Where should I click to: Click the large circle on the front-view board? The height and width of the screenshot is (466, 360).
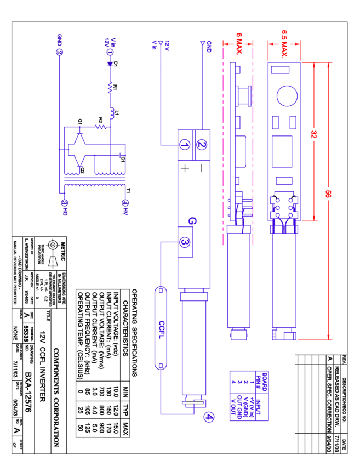coord(287,95)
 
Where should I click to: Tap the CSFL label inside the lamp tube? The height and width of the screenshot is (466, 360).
coord(161,329)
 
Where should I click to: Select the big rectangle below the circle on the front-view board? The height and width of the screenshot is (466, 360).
coord(282,151)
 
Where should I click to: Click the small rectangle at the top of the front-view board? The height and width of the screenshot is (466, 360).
coord(280,70)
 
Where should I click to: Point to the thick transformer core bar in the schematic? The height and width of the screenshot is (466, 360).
coord(95,179)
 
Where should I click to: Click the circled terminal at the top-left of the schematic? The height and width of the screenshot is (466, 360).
coord(59,52)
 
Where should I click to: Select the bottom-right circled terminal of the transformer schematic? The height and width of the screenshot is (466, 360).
coord(125,203)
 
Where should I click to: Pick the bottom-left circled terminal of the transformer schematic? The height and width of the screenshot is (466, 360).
coord(65,203)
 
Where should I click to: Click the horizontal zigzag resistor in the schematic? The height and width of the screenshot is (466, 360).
coord(101,127)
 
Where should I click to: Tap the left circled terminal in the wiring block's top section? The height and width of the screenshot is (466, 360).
coord(185,145)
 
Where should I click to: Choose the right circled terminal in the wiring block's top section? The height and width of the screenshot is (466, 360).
coord(202,145)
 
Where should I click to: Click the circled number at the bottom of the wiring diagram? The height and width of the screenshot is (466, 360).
coord(209,417)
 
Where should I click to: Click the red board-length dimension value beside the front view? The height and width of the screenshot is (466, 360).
coord(314,134)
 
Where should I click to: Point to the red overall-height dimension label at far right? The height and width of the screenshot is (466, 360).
coord(328,194)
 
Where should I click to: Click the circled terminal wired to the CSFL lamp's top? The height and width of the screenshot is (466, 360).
coord(185,242)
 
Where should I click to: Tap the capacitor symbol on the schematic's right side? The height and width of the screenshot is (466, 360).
coord(119,155)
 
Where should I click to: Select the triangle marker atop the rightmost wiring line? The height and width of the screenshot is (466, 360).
coord(203,42)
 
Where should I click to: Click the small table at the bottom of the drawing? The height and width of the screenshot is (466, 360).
coord(249,395)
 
